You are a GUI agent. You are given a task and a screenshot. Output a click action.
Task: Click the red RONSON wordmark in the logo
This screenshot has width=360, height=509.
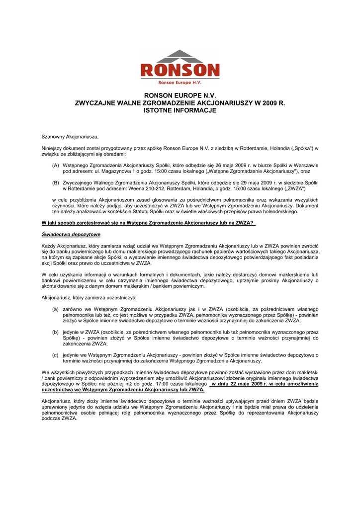click(x=180, y=71)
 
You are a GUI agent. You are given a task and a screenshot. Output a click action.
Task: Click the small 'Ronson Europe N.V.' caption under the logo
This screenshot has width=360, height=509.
click(x=180, y=83)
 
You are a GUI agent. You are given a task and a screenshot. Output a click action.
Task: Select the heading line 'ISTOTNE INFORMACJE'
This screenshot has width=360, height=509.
click(x=180, y=110)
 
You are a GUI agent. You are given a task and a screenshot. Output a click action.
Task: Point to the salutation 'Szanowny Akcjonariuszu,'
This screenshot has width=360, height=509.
click(x=70, y=136)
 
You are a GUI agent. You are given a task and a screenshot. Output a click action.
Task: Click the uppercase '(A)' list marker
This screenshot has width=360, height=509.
click(x=55, y=165)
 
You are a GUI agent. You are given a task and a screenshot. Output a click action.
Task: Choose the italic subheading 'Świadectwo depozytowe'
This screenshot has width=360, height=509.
click(x=71, y=234)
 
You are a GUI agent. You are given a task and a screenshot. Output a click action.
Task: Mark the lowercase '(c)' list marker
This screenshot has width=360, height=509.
click(x=55, y=355)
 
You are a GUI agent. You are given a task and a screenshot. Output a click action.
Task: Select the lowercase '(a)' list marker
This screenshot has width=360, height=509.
click(x=55, y=309)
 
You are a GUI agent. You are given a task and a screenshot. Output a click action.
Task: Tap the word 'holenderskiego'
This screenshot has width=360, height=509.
click(x=281, y=211)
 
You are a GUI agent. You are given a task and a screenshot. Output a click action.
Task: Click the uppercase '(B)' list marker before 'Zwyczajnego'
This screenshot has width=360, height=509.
click(x=55, y=183)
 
